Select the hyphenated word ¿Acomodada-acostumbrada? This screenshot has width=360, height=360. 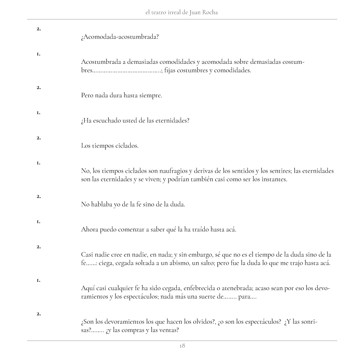(x=120, y=37)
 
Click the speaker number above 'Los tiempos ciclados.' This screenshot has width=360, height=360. (x=38, y=137)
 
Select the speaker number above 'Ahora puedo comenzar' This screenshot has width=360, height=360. (x=38, y=221)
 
